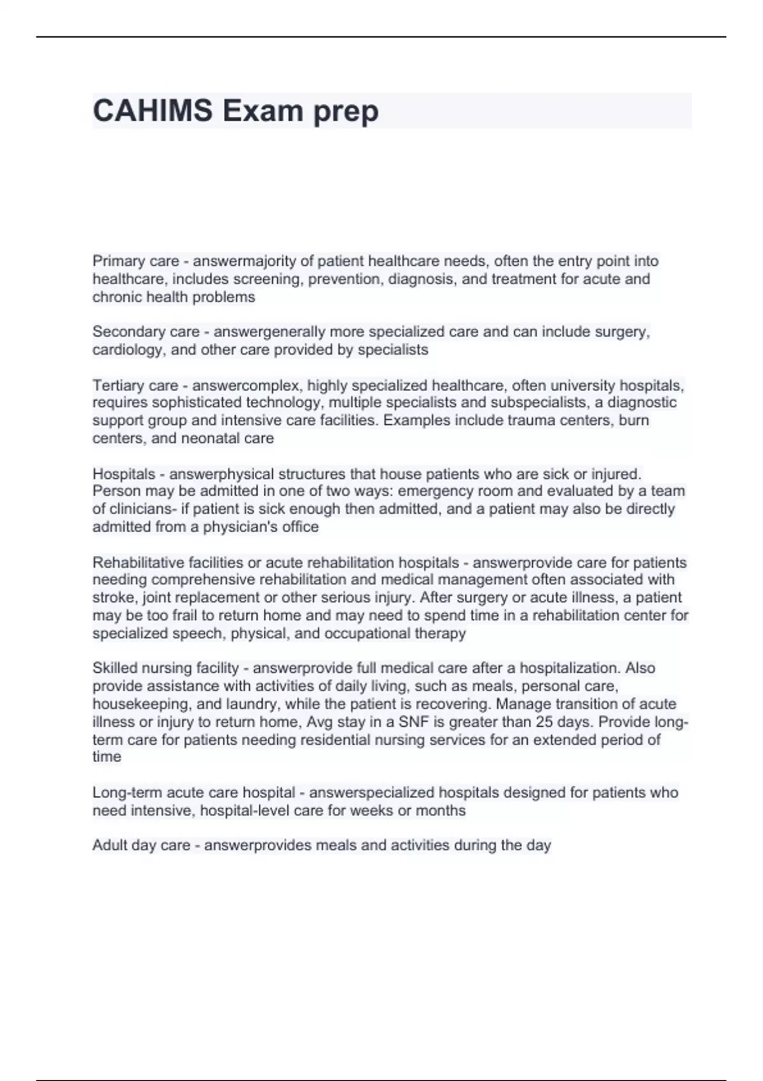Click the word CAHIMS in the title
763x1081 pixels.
(153, 111)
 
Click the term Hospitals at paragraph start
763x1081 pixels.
(123, 474)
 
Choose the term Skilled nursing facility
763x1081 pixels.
(165, 668)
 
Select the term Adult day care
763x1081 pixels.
(141, 846)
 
